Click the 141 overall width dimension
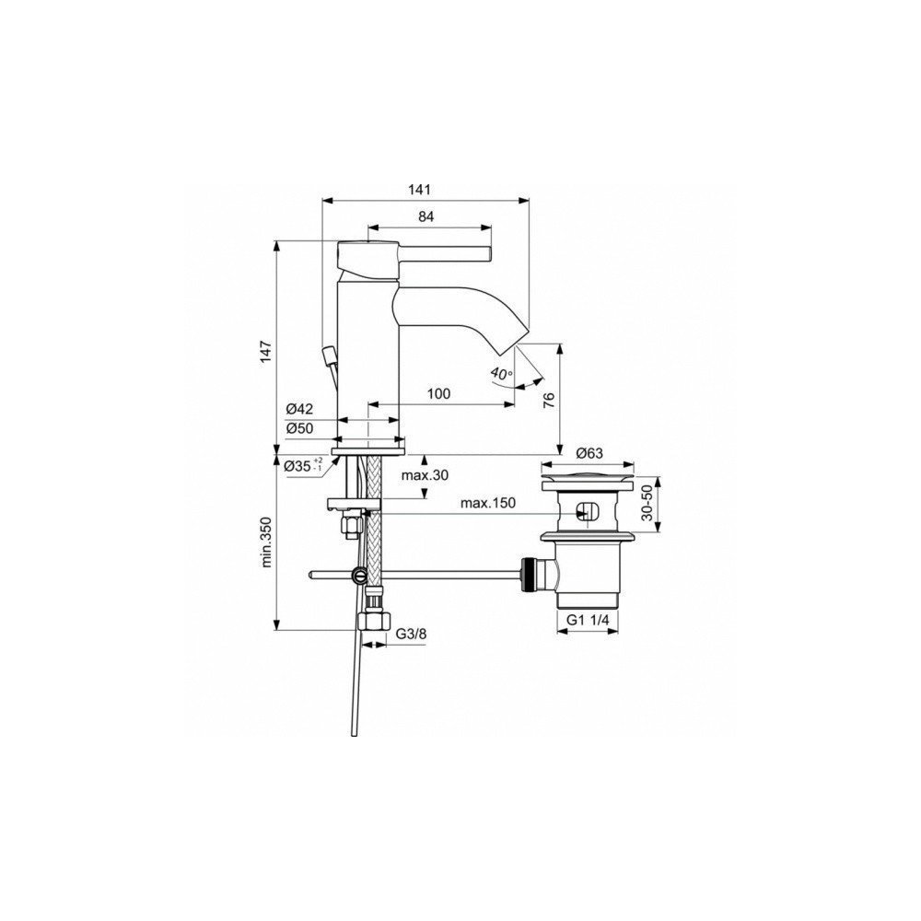[421, 190]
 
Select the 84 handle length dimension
[426, 216]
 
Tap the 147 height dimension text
[267, 351]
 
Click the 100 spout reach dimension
[438, 393]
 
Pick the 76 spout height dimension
[549, 400]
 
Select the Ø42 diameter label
[299, 409]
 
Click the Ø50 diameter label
[299, 429]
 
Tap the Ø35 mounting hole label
[303, 466]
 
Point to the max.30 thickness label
[425, 475]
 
